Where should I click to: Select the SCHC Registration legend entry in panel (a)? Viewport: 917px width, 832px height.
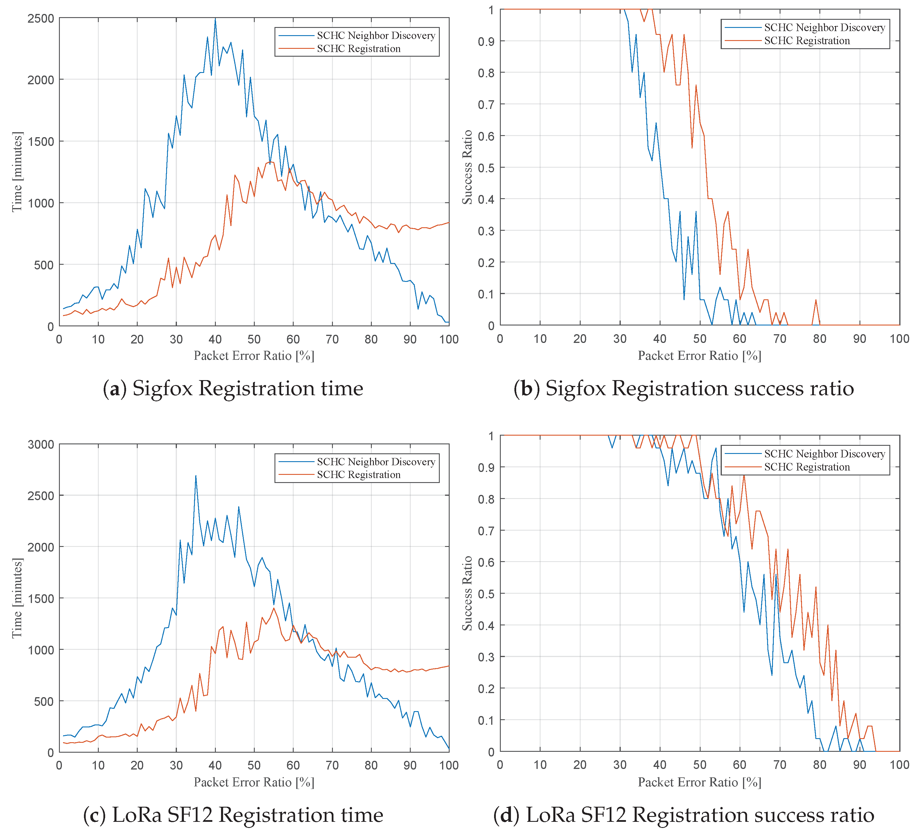[x=358, y=49]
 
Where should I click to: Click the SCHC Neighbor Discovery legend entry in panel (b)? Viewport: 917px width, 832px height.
[x=824, y=28]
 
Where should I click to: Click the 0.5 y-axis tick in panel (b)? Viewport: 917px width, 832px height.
[x=487, y=167]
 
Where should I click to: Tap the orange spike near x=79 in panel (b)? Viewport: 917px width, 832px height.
[x=816, y=300]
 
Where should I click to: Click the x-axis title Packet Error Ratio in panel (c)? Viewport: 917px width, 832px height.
[x=254, y=782]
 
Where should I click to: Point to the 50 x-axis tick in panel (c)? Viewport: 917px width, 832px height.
[x=254, y=765]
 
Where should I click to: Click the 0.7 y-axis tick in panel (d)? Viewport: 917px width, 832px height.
[x=487, y=531]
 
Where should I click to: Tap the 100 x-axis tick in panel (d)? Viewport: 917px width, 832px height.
[x=899, y=765]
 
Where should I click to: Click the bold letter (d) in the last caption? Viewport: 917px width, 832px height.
[x=506, y=815]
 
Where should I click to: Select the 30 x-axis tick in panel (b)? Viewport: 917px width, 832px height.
[x=620, y=339]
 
